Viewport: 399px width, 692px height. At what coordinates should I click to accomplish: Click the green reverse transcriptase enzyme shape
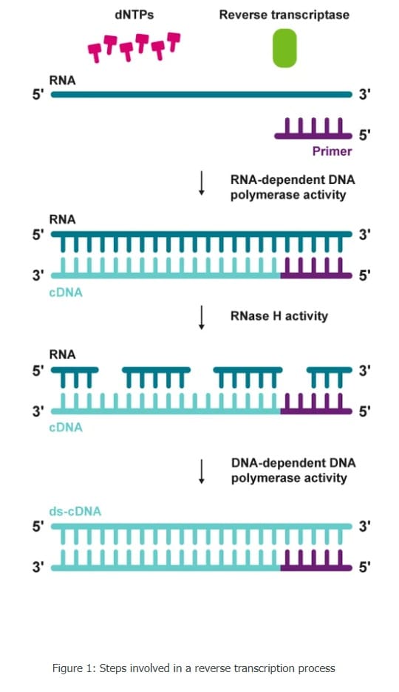tap(284, 48)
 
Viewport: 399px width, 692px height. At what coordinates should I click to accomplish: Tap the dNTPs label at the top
tap(134, 15)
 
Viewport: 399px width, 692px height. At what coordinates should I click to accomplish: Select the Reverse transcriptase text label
tap(284, 15)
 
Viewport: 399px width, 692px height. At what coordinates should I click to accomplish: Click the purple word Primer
tap(332, 151)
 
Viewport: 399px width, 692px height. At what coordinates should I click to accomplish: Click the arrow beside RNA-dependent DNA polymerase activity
tap(201, 182)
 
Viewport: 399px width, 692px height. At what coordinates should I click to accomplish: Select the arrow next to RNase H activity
tap(201, 317)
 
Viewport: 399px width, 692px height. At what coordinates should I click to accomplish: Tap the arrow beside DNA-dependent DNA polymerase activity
tap(201, 471)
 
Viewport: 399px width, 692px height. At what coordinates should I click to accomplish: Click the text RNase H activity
tap(279, 316)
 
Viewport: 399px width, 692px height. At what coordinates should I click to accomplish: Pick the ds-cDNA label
tap(75, 512)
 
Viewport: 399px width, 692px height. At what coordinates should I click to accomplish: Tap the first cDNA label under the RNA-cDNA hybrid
tap(66, 292)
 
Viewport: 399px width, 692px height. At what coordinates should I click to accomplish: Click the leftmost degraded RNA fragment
tap(75, 377)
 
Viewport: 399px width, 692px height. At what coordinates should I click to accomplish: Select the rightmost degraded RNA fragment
tap(330, 377)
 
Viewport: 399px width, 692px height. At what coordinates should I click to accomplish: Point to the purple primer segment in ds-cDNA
tap(316, 560)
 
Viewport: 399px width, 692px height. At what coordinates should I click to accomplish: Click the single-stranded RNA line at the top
tap(201, 95)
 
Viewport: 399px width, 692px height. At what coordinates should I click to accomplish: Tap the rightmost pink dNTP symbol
tap(174, 41)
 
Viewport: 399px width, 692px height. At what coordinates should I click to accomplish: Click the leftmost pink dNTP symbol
tap(95, 52)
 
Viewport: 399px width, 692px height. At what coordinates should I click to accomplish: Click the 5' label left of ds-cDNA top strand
tap(38, 527)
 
